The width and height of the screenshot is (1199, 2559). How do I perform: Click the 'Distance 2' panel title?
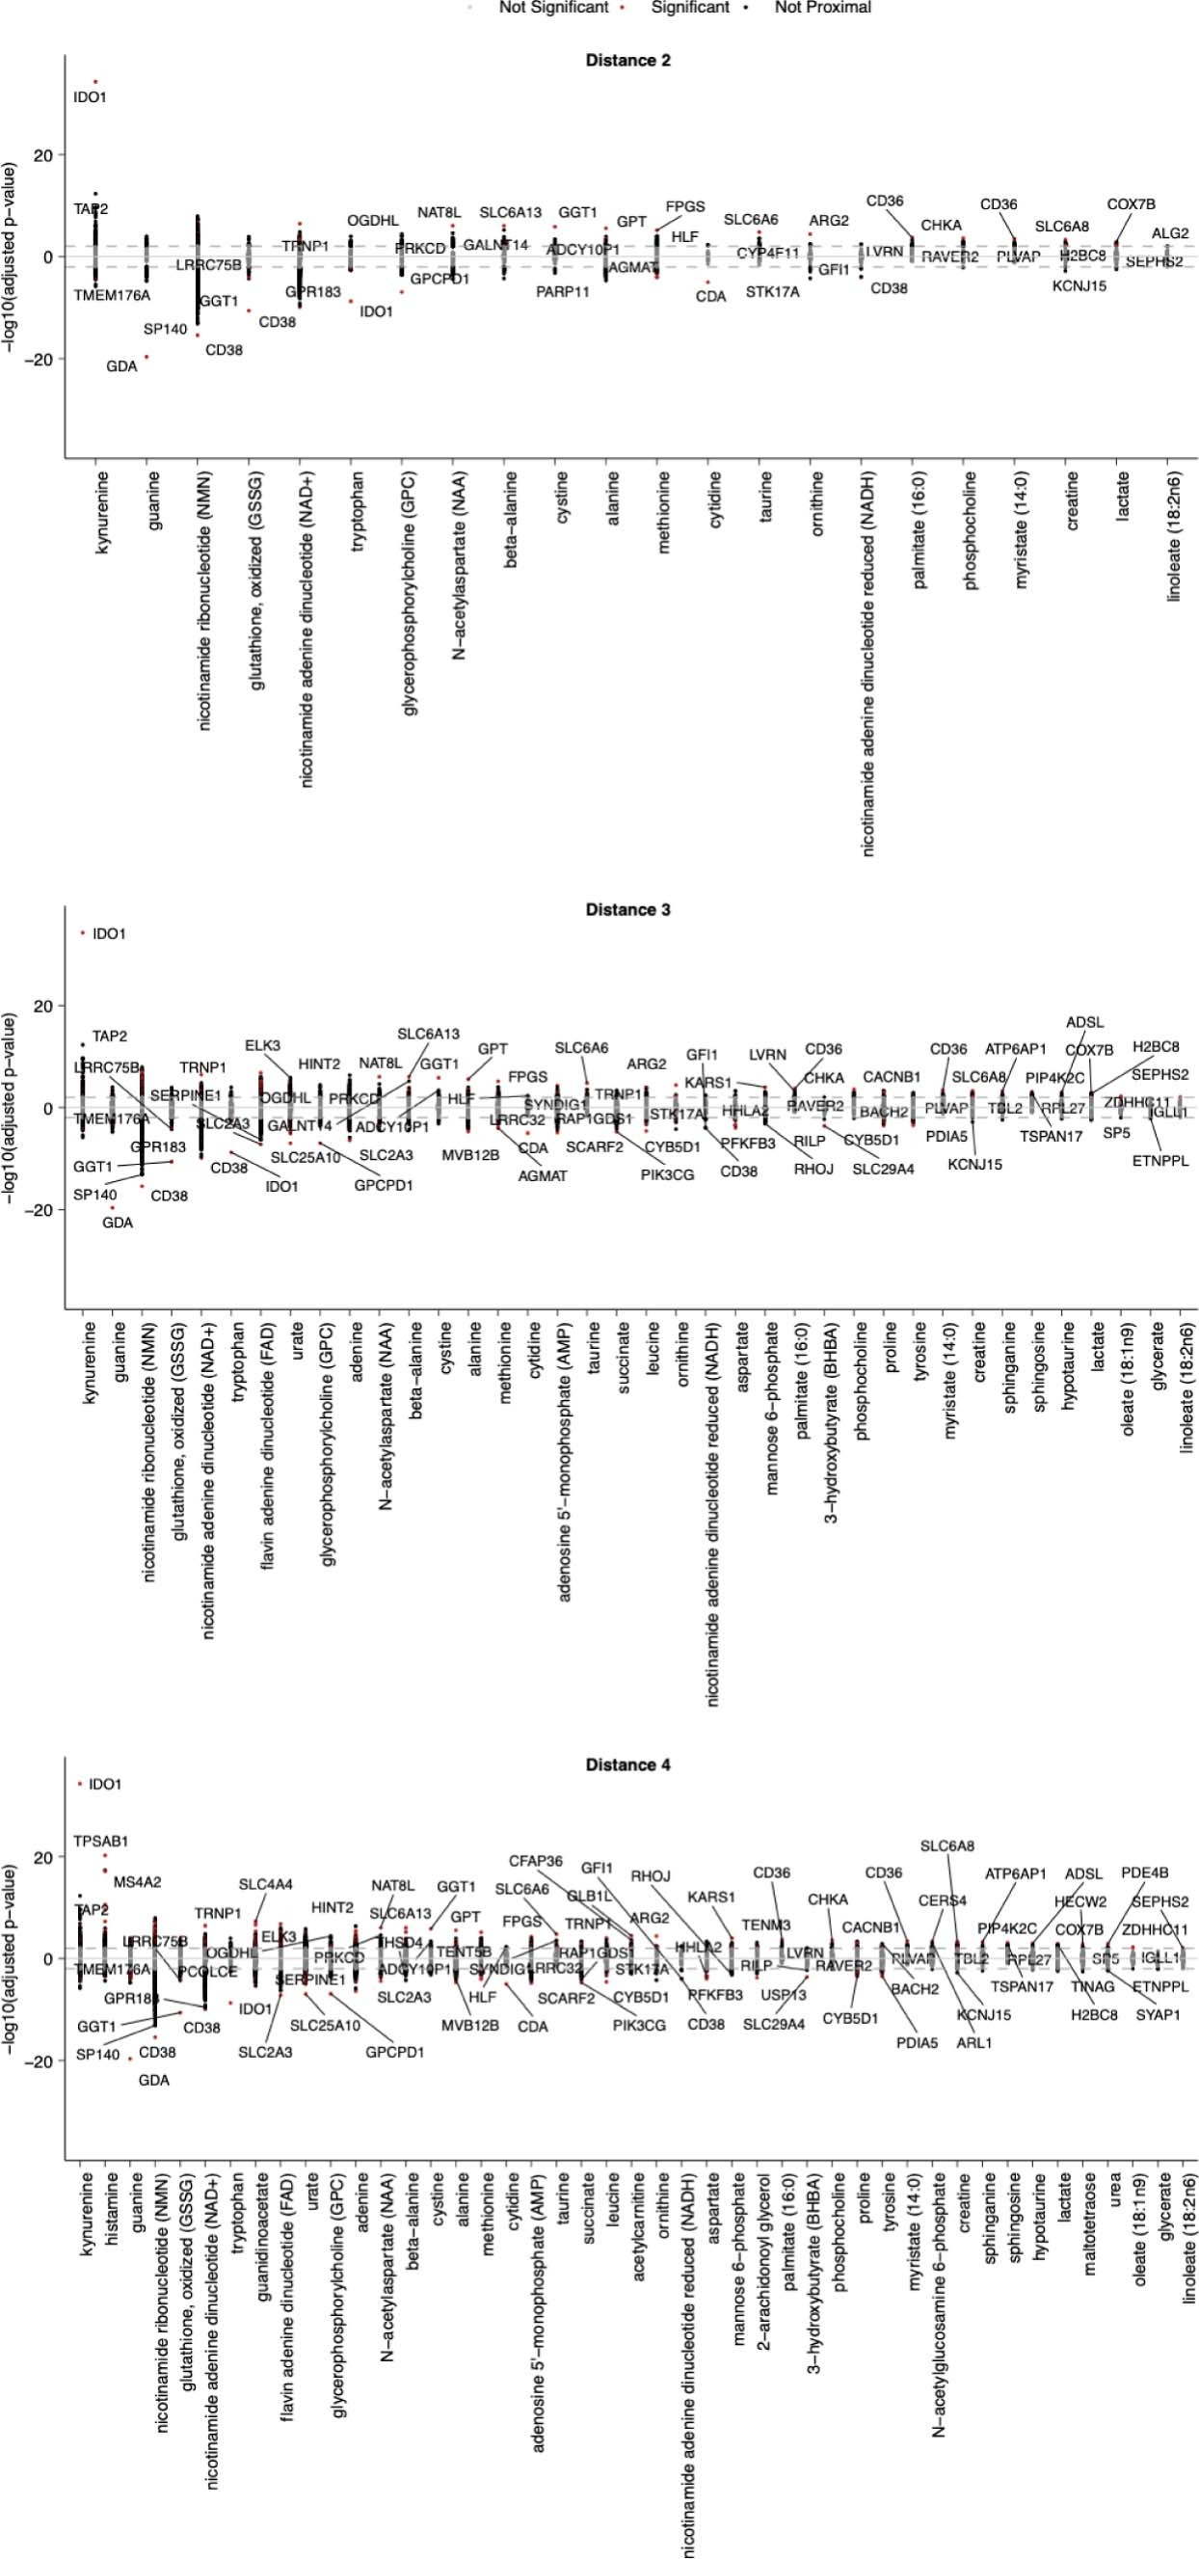[627, 61]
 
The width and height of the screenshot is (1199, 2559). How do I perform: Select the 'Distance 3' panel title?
[627, 910]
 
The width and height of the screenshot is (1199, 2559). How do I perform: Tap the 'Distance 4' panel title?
[627, 1764]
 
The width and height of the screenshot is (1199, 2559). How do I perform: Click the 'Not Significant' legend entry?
[553, 7]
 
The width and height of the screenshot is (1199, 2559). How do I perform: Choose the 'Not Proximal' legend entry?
[822, 7]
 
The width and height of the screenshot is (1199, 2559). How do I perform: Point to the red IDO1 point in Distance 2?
[95, 81]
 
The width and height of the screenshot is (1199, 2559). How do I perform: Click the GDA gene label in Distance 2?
[121, 366]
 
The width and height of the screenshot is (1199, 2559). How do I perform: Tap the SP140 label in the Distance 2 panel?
[165, 329]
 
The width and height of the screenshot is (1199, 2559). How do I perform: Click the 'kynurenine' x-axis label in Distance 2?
[102, 513]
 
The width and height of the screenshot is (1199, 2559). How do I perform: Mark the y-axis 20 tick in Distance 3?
[42, 1007]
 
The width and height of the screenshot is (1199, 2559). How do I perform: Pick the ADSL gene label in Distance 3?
[1084, 1022]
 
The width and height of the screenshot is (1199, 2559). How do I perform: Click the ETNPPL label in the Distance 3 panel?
[1160, 1160]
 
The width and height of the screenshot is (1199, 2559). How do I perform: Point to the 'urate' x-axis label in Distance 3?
[296, 1341]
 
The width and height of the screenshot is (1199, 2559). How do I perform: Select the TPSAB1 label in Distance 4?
[100, 1841]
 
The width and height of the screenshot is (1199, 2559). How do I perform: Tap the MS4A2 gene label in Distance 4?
[137, 1881]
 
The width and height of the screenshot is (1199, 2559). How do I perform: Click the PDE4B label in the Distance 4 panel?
[1144, 1872]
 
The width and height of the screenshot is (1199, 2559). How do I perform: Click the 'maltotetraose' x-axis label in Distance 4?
[1090, 2235]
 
